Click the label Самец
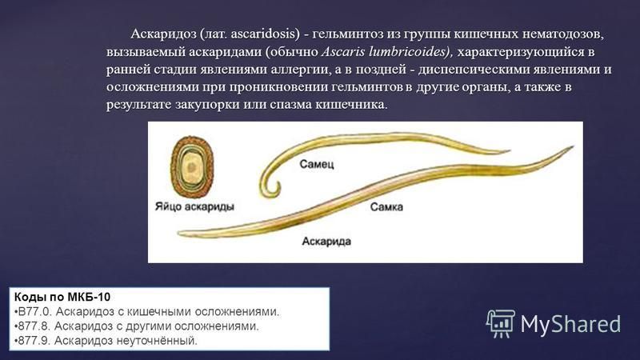[316, 164]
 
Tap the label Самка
[386, 207]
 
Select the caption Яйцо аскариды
[194, 206]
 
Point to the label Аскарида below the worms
[326, 242]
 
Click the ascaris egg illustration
[192, 166]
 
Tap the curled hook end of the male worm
[270, 188]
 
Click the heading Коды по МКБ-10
[62, 297]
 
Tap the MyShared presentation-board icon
[501, 324]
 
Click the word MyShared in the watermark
[570, 325]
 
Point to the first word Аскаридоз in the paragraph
[163, 34]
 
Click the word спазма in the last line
[290, 106]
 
